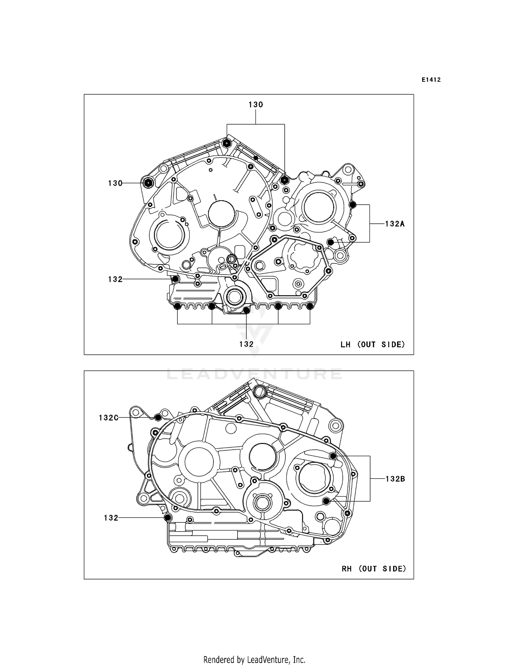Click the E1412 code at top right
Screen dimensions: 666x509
[431, 80]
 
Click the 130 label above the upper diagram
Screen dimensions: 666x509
[256, 105]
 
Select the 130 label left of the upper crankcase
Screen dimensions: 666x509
[115, 183]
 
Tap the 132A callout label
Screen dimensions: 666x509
[395, 224]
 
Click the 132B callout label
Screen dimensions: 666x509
[395, 479]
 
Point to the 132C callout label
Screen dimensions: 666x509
[109, 418]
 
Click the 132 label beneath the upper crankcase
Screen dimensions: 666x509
[246, 344]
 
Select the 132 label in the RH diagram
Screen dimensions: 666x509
[111, 518]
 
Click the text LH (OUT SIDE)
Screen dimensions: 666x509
[373, 345]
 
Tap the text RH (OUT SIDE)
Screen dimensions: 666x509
[374, 569]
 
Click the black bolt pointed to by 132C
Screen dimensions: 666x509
[158, 418]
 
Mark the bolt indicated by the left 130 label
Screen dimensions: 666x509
[148, 183]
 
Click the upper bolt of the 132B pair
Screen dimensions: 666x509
[333, 456]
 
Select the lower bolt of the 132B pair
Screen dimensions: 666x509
[326, 501]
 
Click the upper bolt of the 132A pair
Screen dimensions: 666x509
[353, 205]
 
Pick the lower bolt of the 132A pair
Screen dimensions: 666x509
[330, 242]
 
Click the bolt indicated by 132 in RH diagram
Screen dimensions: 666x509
[167, 517]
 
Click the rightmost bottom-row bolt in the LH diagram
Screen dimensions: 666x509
[310, 307]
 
